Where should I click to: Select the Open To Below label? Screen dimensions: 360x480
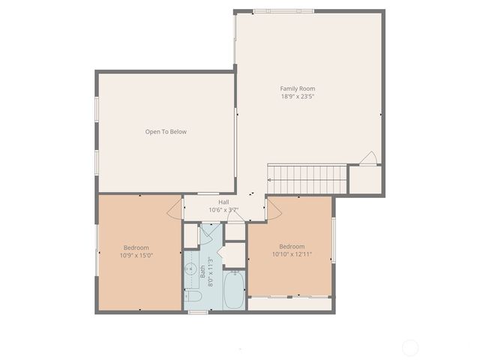pos(166,132)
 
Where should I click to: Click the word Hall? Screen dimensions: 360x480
pos(223,202)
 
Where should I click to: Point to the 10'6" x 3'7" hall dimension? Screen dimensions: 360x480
pos(223,210)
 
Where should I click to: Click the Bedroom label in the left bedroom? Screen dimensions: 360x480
pos(136,247)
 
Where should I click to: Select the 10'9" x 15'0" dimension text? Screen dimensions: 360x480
pos(136,256)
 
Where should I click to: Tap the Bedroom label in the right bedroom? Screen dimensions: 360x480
pos(292,246)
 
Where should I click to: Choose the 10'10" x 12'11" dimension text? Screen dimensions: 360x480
pos(292,254)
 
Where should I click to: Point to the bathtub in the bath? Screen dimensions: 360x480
pos(233,290)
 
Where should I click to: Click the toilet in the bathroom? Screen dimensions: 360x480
pos(193,296)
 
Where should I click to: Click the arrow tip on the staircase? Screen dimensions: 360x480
pos(269,180)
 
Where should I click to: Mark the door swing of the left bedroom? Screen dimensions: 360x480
pos(175,208)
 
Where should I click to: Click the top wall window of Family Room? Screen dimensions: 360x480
pos(283,11)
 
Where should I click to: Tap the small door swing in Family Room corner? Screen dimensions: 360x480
pos(367,158)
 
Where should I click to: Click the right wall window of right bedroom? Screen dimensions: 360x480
pos(334,240)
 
